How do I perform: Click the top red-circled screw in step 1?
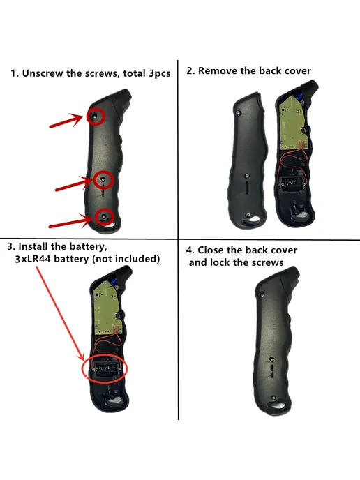tap(95, 116)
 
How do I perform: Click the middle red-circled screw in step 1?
tap(103, 179)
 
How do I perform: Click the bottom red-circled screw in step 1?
tap(105, 216)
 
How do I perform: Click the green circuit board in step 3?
tap(108, 308)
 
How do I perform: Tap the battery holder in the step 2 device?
tap(292, 183)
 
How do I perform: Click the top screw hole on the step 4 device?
tap(262, 294)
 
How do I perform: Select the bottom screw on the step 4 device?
tap(273, 398)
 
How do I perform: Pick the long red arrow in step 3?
tap(60, 313)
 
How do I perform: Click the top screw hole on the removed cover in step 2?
tap(239, 112)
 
